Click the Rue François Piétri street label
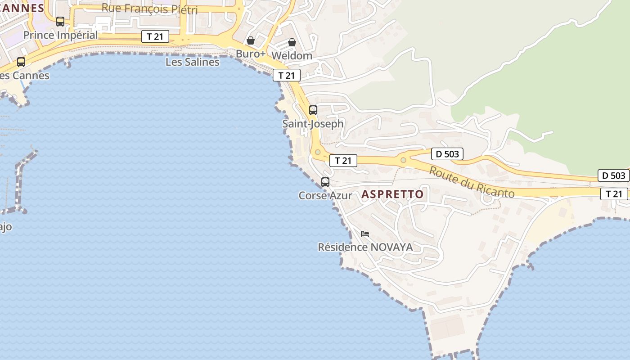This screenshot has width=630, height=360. pyautogui.click(x=149, y=8)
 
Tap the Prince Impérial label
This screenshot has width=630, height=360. pyautogui.click(x=60, y=35)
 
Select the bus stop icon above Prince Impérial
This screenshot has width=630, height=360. pyautogui.click(x=60, y=21)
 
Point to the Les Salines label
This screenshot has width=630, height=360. pyautogui.click(x=192, y=62)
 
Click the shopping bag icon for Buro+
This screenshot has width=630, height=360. pyautogui.click(x=251, y=41)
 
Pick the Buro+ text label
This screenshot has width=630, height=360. pyautogui.click(x=251, y=54)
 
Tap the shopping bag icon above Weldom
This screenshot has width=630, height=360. pyautogui.click(x=292, y=42)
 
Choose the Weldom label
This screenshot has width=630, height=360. pyautogui.click(x=292, y=55)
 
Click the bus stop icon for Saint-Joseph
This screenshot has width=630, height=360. pyautogui.click(x=313, y=110)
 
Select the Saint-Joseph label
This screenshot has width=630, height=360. pyautogui.click(x=313, y=123)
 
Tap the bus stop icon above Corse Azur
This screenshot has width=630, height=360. pyautogui.click(x=325, y=182)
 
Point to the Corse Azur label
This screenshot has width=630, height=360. pyautogui.click(x=325, y=195)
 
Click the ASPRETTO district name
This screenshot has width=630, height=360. pyautogui.click(x=392, y=194)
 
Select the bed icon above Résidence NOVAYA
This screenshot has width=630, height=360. pyautogui.click(x=365, y=234)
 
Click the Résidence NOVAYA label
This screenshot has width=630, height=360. pyautogui.click(x=365, y=247)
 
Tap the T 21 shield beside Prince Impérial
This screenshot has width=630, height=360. pyautogui.click(x=155, y=36)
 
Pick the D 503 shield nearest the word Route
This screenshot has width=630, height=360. pyautogui.click(x=447, y=154)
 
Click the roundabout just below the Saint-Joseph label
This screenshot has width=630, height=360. pyautogui.click(x=318, y=152)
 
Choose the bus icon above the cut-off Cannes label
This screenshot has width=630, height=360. pyautogui.click(x=21, y=62)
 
